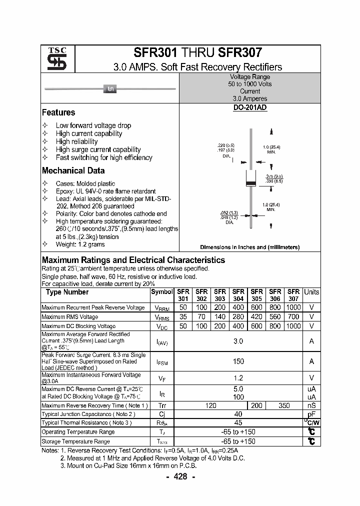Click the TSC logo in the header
click(x=53, y=59)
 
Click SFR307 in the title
click(x=239, y=52)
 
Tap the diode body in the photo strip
click(x=110, y=89)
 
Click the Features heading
click(x=58, y=113)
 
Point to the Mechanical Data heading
click(x=73, y=170)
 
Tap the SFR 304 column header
click(x=238, y=295)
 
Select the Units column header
click(x=311, y=292)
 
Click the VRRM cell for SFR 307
click(x=293, y=307)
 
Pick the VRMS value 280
click(x=238, y=317)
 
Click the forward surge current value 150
click(x=238, y=361)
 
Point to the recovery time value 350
click(x=284, y=405)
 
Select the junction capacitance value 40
click(x=238, y=414)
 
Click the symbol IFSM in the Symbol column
click(x=162, y=361)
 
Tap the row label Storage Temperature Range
click(x=75, y=441)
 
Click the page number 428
click(x=180, y=476)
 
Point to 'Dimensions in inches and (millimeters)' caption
click(x=249, y=247)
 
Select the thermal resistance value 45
click(x=238, y=423)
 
